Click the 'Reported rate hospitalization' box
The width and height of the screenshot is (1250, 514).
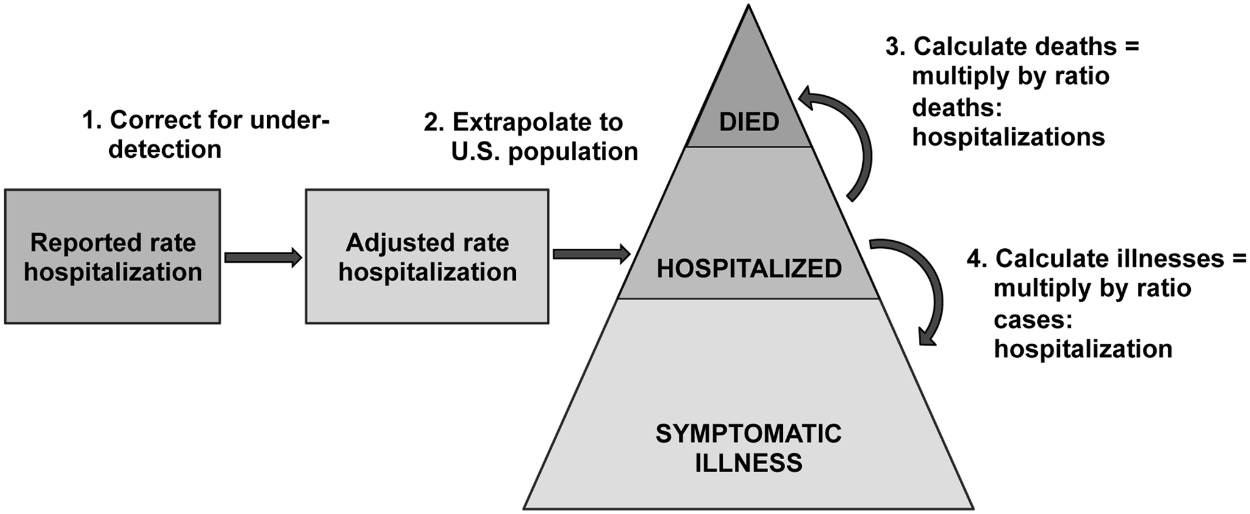pos(113,257)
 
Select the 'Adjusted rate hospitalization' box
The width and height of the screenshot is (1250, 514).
pos(427,257)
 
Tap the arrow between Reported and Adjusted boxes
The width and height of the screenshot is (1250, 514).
pos(263,257)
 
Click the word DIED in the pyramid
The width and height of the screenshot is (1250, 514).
pos(749,123)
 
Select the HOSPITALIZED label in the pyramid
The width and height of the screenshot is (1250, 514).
pos(749,269)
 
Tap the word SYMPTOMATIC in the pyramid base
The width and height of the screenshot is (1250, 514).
pos(749,434)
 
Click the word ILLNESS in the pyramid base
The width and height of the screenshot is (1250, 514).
pos(749,463)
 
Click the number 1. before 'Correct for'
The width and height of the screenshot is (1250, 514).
pos(92,121)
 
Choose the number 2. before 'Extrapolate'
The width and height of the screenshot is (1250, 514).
pos(434,123)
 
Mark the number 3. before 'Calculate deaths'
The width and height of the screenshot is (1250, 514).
pos(896,47)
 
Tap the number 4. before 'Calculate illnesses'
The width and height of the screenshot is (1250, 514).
pos(977,259)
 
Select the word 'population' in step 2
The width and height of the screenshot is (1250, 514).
pos(573,152)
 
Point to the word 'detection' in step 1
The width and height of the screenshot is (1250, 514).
pos(165,150)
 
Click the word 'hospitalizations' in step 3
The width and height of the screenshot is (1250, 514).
pos(1009,137)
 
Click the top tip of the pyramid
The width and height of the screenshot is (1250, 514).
pos(749,7)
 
